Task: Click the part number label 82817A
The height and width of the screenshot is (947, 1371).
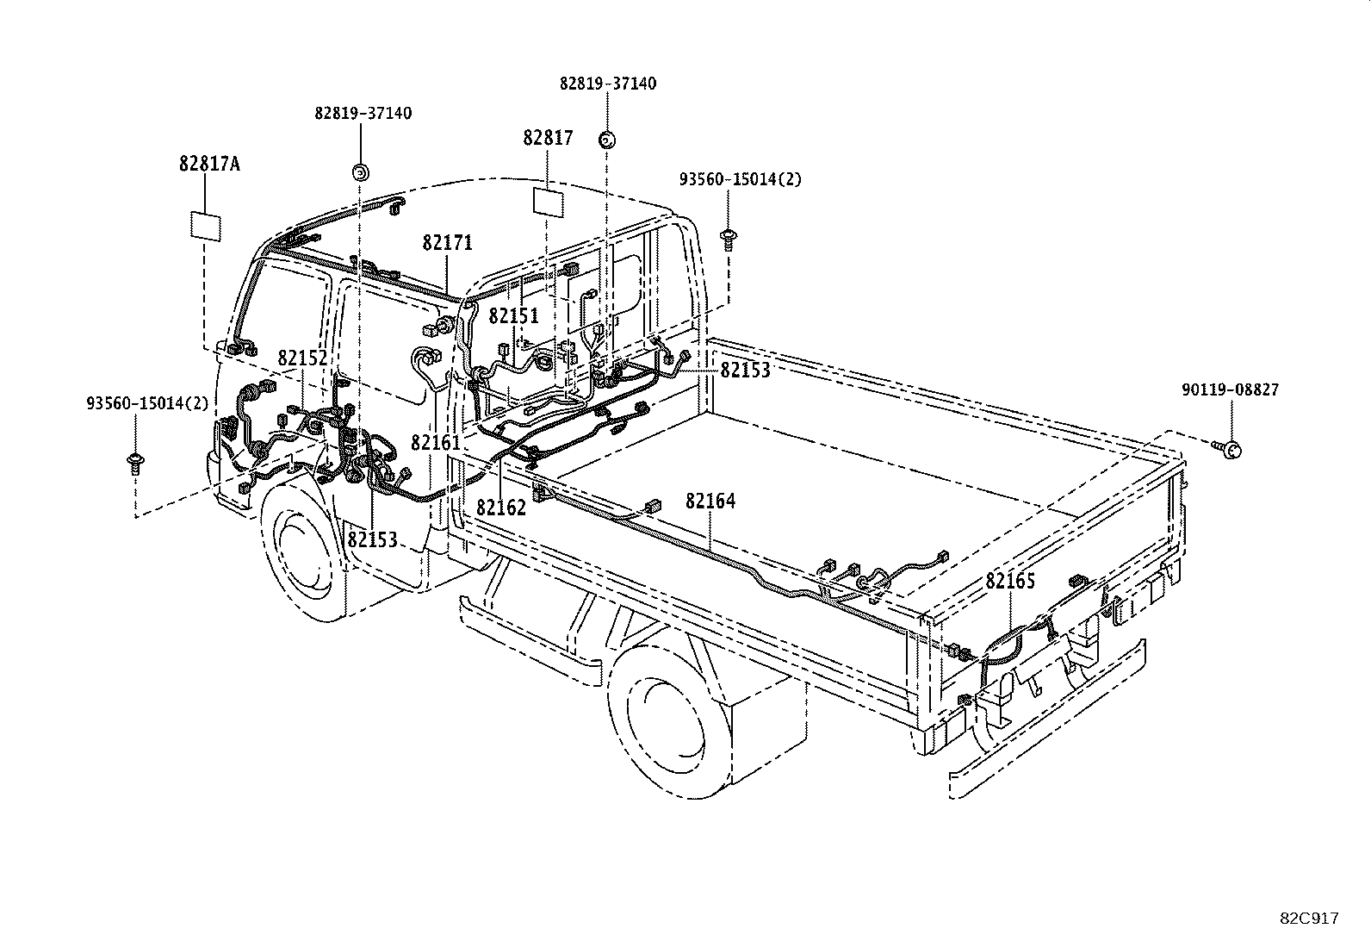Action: pyautogui.click(x=209, y=163)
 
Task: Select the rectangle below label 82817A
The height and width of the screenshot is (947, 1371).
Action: pyautogui.click(x=206, y=226)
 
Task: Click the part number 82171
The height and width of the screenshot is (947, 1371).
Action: pyautogui.click(x=447, y=243)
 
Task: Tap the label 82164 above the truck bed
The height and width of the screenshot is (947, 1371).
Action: pyautogui.click(x=710, y=501)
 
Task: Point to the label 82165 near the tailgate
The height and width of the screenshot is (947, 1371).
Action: pyautogui.click(x=1010, y=581)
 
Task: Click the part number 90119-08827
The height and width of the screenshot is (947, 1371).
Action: pyautogui.click(x=1230, y=389)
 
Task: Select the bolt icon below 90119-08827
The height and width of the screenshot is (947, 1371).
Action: pyautogui.click(x=1229, y=448)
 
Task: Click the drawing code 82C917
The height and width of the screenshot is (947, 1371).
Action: pyautogui.click(x=1309, y=919)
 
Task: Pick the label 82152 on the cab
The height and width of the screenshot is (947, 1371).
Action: pyautogui.click(x=302, y=358)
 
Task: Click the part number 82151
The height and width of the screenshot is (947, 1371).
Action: pyautogui.click(x=513, y=315)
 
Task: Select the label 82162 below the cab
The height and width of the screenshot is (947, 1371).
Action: pyautogui.click(x=500, y=507)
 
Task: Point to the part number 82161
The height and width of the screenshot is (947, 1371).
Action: pyautogui.click(x=436, y=442)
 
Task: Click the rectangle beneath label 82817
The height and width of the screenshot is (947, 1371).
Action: pyautogui.click(x=548, y=201)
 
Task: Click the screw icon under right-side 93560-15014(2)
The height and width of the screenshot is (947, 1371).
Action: pyautogui.click(x=729, y=237)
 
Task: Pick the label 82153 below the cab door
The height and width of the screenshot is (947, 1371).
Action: pyautogui.click(x=372, y=539)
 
